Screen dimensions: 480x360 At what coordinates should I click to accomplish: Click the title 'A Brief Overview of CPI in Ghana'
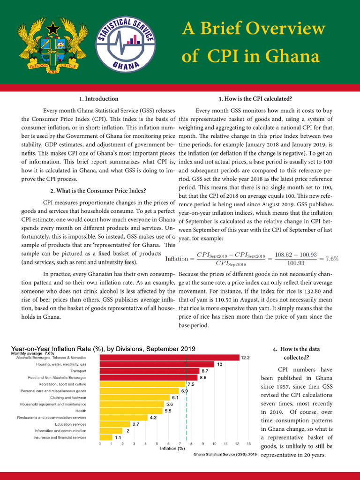tap(253, 43)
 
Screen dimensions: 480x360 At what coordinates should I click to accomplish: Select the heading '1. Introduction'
tap(98, 99)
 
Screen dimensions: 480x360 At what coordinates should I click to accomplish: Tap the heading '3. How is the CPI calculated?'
tap(255, 99)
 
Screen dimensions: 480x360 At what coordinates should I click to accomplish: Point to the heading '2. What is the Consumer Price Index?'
tap(98, 191)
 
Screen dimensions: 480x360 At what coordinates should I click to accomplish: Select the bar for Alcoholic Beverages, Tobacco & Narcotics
tap(169, 358)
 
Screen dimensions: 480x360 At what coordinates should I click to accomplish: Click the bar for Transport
tap(149, 371)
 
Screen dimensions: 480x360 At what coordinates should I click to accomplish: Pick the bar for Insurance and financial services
tap(106, 437)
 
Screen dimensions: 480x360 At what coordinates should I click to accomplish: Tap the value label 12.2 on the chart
tap(246, 357)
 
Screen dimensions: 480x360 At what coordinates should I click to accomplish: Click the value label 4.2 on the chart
tap(153, 417)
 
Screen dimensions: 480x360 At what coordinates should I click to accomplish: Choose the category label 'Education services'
tap(70, 424)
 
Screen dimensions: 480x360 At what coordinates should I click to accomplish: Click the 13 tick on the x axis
tap(248, 443)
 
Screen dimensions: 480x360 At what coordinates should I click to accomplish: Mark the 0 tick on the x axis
tap(100, 443)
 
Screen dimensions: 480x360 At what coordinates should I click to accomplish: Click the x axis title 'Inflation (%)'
tap(172, 449)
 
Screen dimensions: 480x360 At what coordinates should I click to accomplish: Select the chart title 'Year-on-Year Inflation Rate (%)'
tap(103, 349)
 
